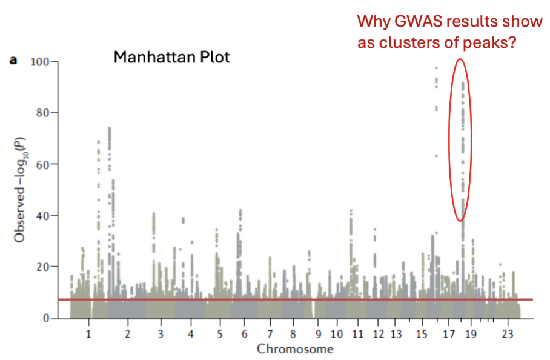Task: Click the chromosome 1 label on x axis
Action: tap(88, 334)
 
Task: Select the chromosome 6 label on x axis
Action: tap(244, 334)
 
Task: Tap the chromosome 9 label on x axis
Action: tap(317, 334)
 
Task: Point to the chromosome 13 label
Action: tap(397, 334)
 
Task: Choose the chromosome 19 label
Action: tap(472, 334)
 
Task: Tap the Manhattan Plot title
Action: tap(172, 58)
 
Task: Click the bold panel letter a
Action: tap(12, 61)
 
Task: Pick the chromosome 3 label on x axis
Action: tap(161, 334)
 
